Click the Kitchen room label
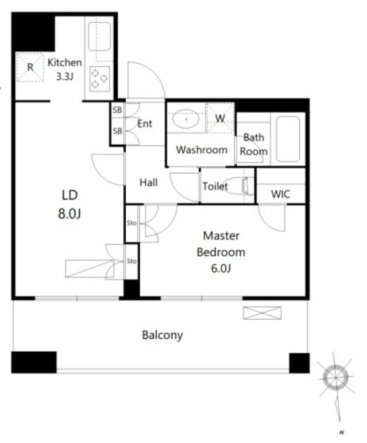point(64,62)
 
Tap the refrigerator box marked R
point(30,67)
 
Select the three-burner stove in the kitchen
point(100,79)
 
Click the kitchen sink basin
point(100,37)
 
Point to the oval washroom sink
point(186,119)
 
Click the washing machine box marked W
point(220,118)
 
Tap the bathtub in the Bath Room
point(288,139)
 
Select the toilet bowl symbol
point(236,186)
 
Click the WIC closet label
point(280,194)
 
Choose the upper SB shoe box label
point(117,110)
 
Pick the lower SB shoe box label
point(117,131)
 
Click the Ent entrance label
point(144,123)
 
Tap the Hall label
point(149,183)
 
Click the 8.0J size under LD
point(69,214)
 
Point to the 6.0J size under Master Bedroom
point(221,268)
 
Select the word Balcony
point(162,335)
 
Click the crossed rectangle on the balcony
point(262,313)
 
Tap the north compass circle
point(336,377)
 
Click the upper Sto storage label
point(131,223)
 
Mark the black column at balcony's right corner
point(299,363)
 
